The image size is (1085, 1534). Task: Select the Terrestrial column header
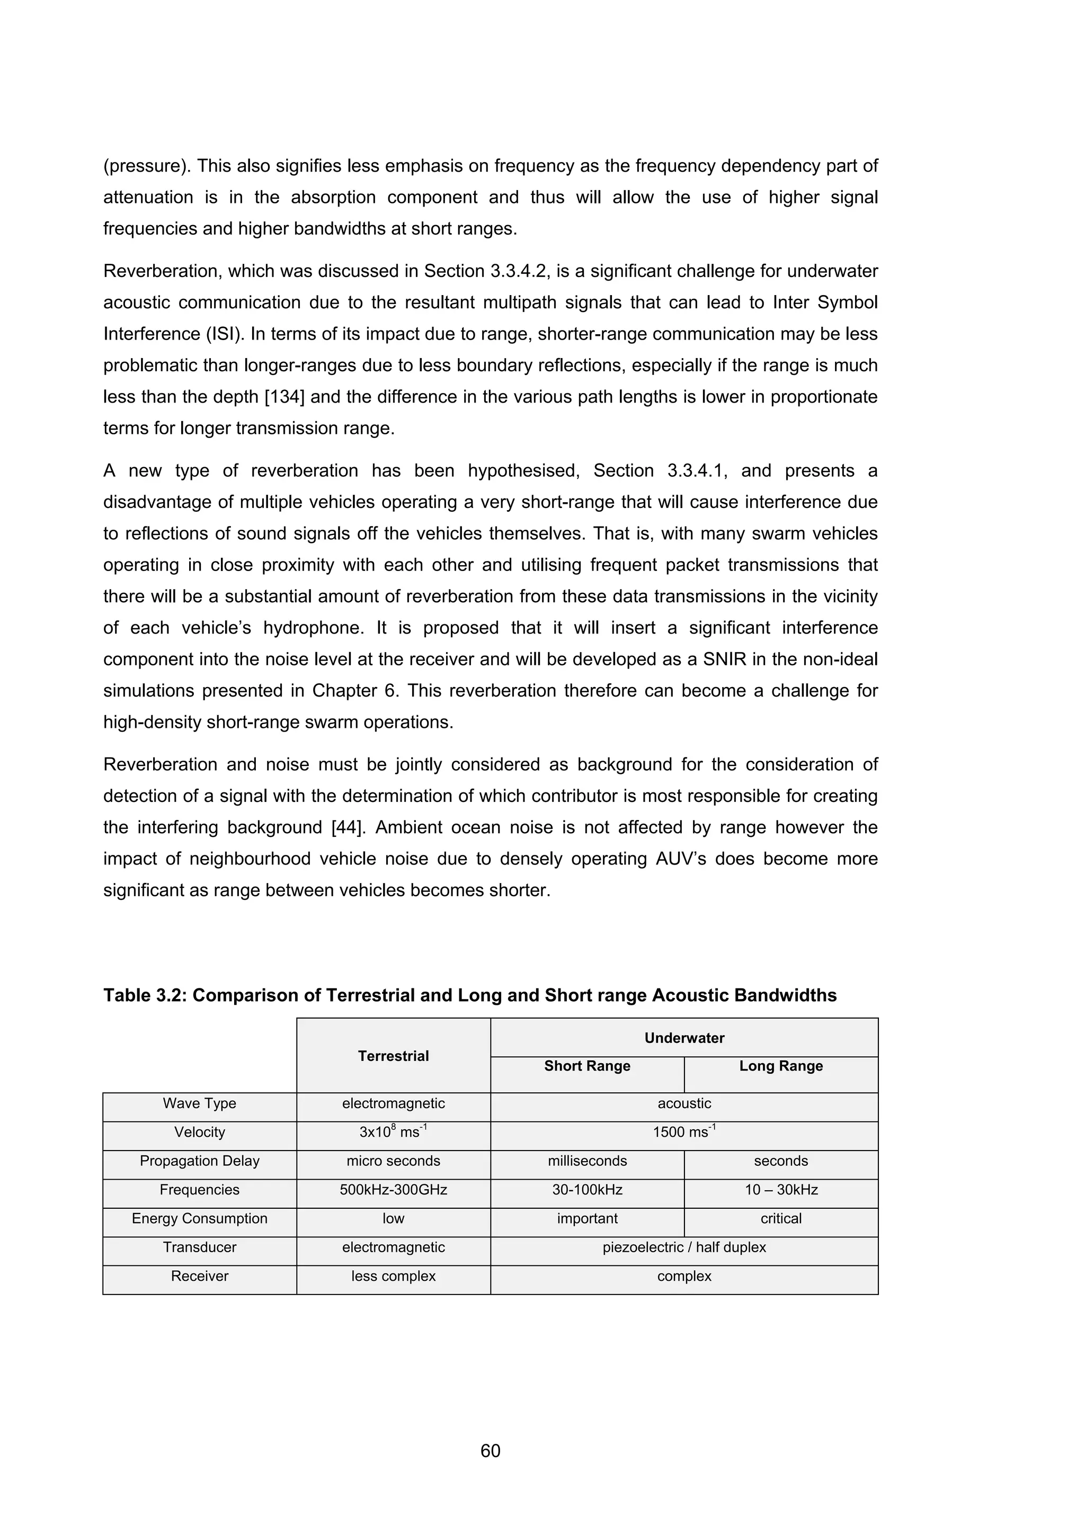coord(393,1056)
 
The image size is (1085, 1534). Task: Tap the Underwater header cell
coord(683,1038)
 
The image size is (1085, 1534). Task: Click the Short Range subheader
coord(586,1066)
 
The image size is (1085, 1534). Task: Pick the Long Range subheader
coord(780,1066)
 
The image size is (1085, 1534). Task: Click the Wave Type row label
coord(199,1103)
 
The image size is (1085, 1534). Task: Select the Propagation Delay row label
coord(199,1161)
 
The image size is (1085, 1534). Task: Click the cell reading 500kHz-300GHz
coord(393,1189)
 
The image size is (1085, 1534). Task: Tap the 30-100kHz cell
coord(586,1189)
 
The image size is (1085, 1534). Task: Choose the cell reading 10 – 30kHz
coord(780,1189)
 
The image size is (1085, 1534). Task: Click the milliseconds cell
coord(586,1161)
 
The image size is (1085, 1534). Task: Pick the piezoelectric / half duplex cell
coord(683,1247)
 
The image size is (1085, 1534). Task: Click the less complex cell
coord(393,1276)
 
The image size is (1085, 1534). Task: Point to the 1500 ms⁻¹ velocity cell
coord(683,1132)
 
